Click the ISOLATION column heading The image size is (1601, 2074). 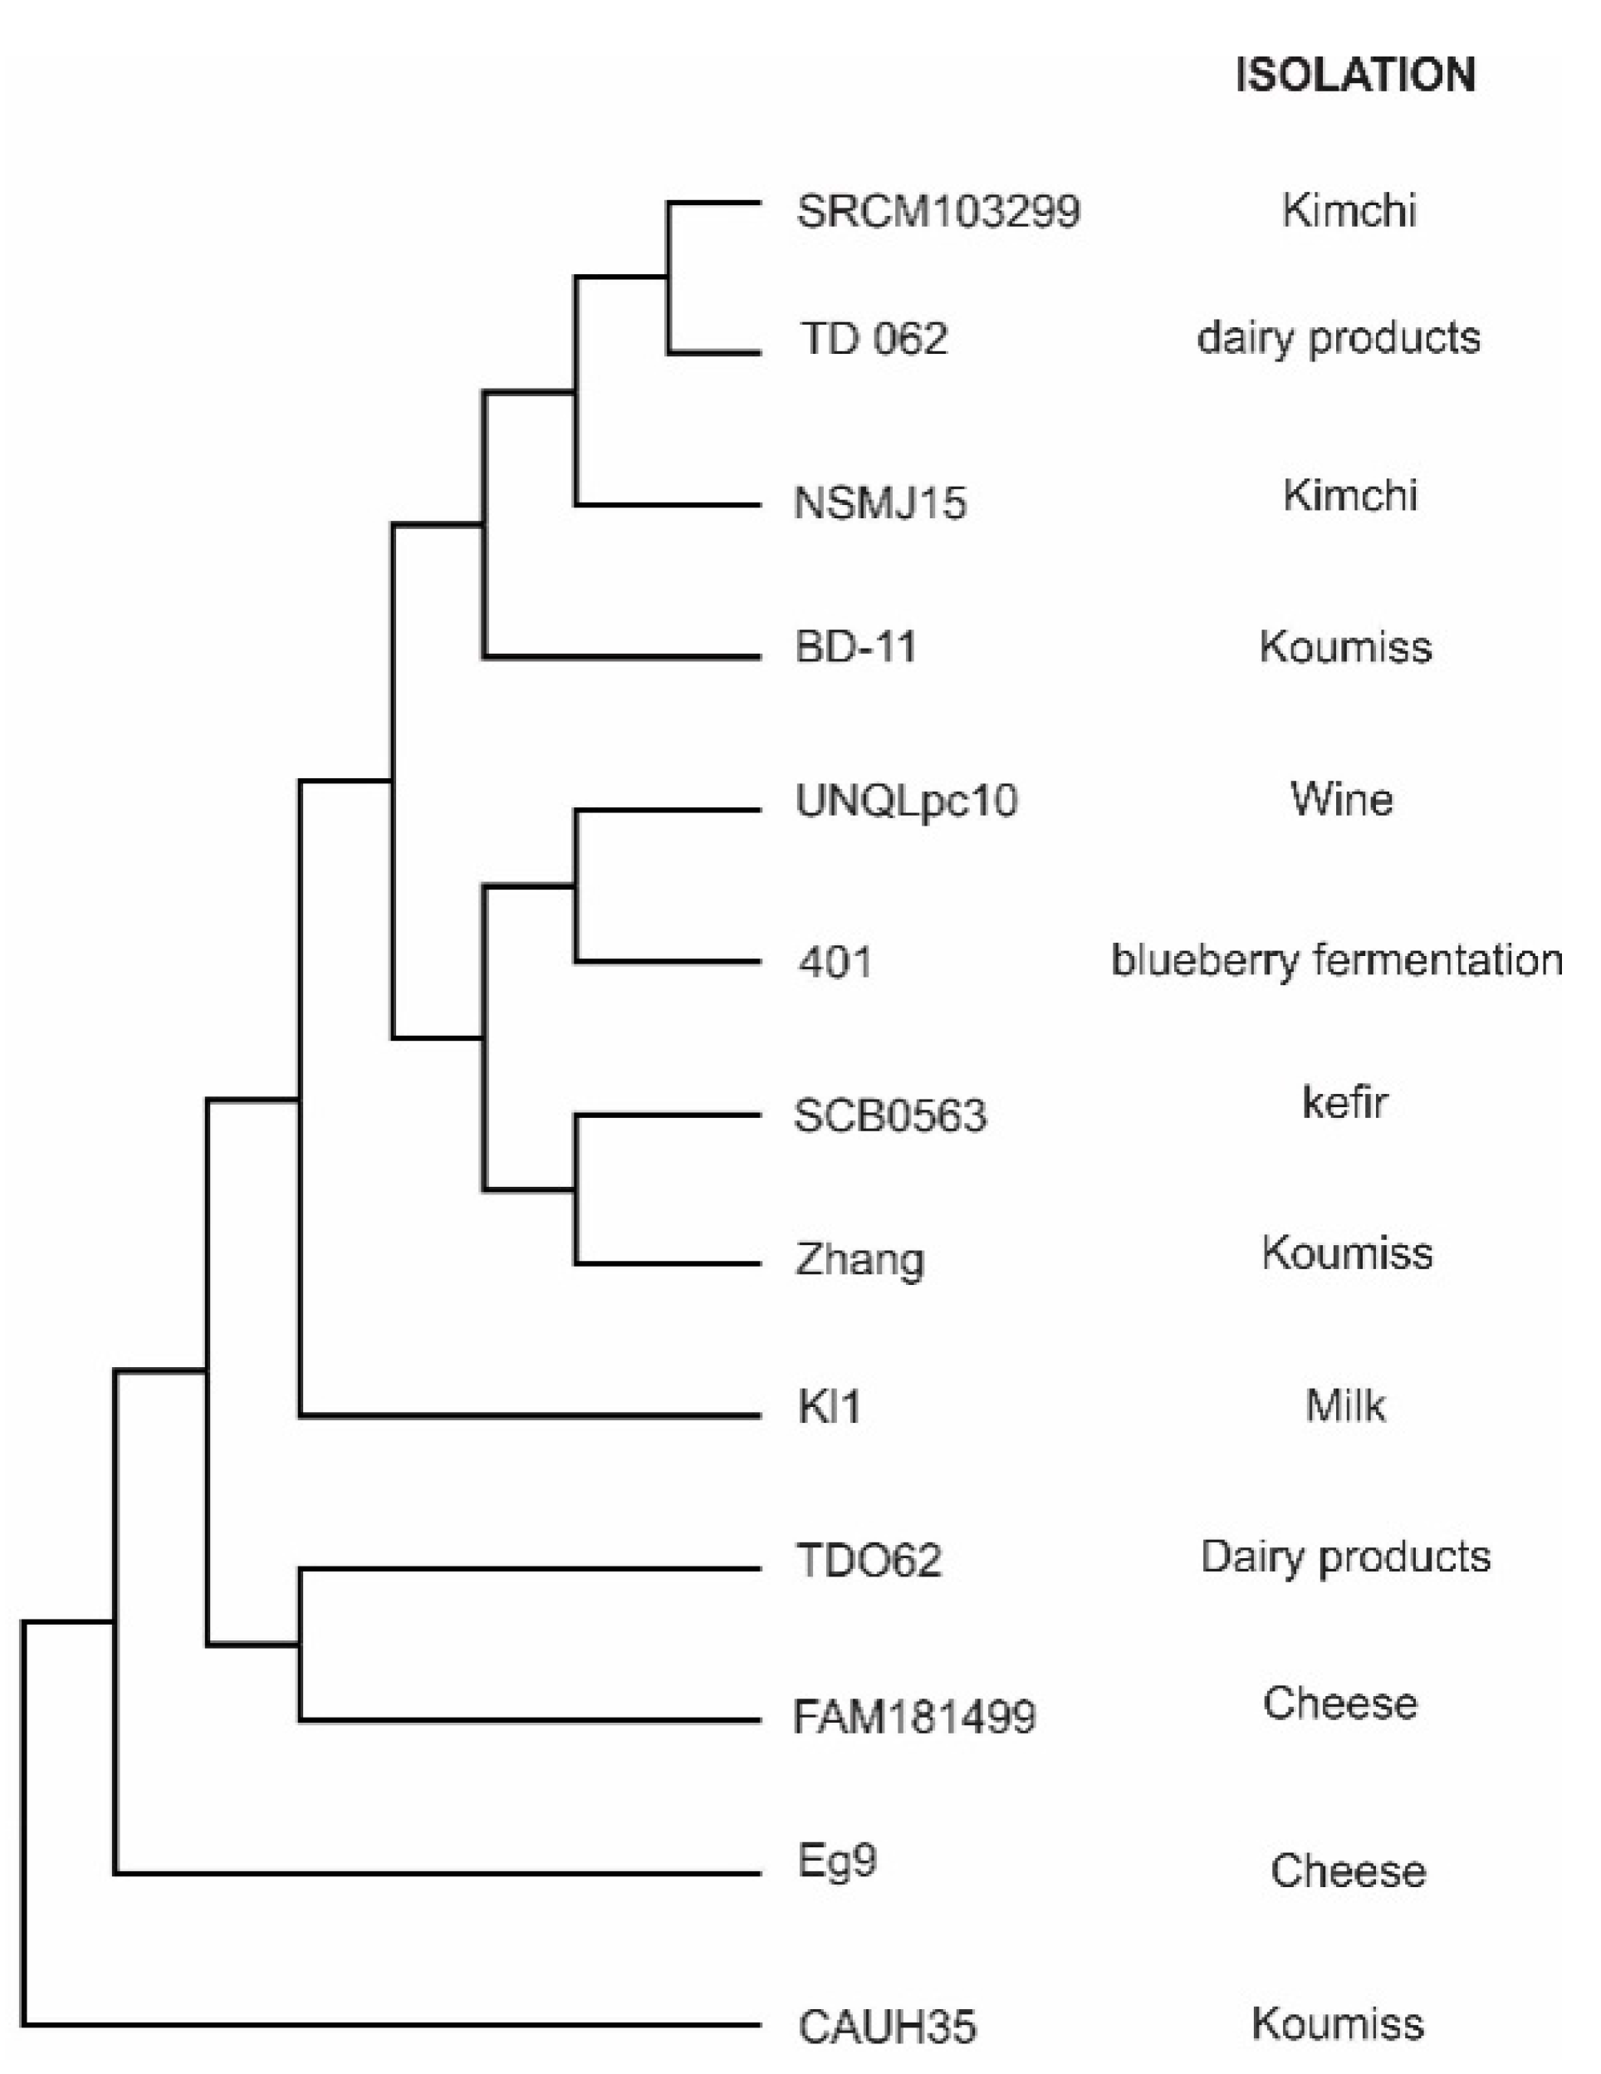tap(1355, 75)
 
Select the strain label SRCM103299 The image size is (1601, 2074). tap(938, 211)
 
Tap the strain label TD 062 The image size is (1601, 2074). tap(873, 339)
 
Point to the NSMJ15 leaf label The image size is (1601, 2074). tap(879, 503)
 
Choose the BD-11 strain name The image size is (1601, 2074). tap(855, 647)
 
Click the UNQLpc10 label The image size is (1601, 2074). tap(906, 801)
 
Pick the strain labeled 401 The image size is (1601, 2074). tap(835, 962)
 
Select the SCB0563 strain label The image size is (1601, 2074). tap(889, 1115)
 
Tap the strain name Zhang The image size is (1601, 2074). tap(859, 1261)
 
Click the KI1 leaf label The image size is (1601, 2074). tap(829, 1406)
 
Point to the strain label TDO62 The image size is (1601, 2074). tap(869, 1560)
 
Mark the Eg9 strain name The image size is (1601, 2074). tap(836, 1861)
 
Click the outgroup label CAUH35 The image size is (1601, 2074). tap(886, 2027)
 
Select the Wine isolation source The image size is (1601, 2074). tap(1341, 800)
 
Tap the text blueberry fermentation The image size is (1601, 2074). tap(1337, 961)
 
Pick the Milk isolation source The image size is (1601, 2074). tap(1344, 1406)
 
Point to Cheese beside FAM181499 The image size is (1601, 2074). tap(1340, 1703)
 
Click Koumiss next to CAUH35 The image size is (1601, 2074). tap(1337, 2023)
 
